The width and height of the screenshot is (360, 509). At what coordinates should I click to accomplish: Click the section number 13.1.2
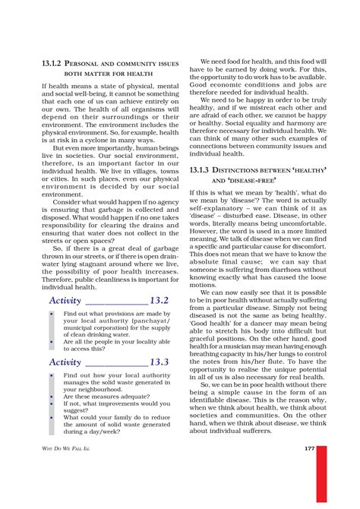[55, 62]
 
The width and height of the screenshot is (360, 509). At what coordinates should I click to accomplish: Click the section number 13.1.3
[205, 172]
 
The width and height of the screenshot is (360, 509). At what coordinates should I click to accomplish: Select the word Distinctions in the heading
[244, 172]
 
